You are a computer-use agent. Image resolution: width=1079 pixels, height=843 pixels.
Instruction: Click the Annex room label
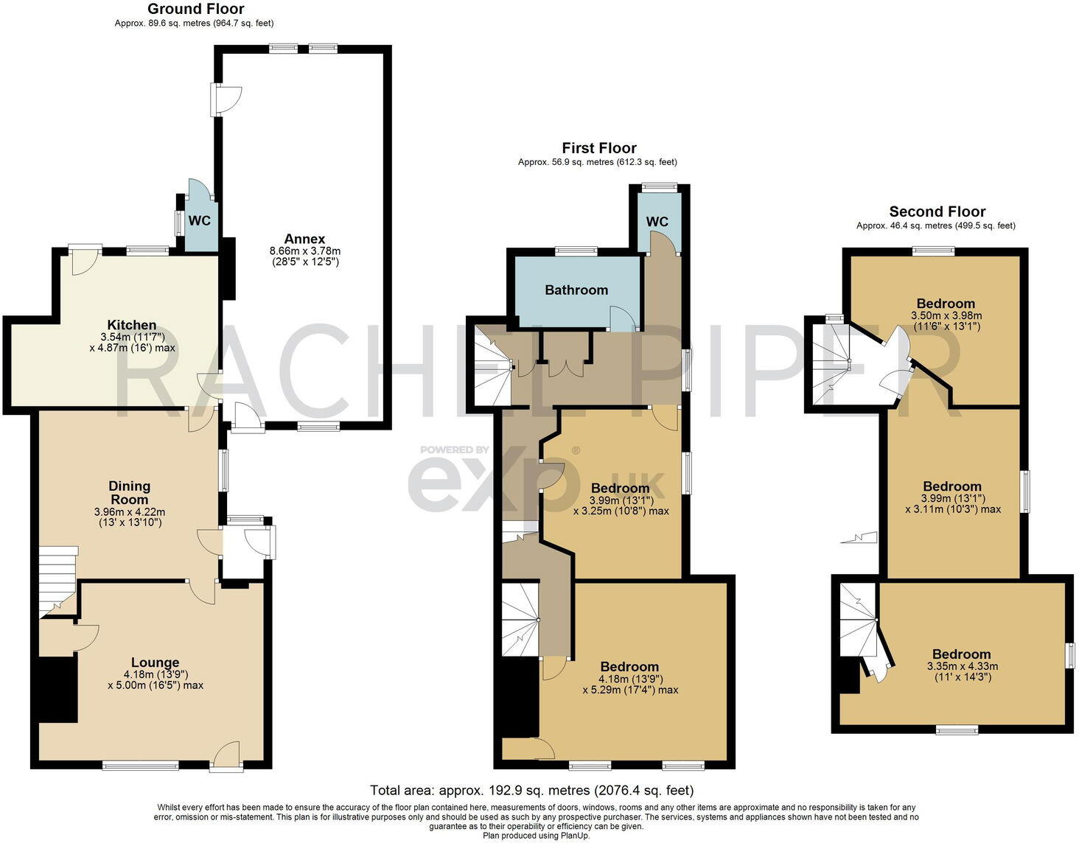click(x=304, y=239)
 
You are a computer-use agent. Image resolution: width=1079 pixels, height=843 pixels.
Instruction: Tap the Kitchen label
click(x=132, y=325)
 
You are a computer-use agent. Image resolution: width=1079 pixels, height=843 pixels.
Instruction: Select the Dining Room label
click(x=129, y=492)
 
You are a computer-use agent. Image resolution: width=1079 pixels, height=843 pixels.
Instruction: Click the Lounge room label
click(x=155, y=662)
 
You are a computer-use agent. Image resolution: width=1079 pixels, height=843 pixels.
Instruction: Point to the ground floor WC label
click(x=200, y=220)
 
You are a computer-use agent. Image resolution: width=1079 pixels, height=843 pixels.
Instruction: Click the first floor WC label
click(x=657, y=221)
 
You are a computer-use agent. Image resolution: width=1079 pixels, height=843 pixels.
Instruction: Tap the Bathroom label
click(x=576, y=290)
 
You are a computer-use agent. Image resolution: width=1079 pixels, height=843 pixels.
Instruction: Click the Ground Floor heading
click(x=195, y=9)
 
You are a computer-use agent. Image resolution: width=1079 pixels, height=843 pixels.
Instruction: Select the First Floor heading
click(x=599, y=148)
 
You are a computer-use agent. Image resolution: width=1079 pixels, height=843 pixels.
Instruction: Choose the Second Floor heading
click(x=937, y=211)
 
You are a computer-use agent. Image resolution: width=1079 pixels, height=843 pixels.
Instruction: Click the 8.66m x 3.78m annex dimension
click(x=305, y=251)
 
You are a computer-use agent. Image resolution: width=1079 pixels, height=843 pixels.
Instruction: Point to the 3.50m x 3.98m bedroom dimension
click(x=946, y=315)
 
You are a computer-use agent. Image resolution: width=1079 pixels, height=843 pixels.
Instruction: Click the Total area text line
click(x=532, y=790)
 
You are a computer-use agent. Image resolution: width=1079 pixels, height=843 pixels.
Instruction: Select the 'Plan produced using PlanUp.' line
click(x=537, y=836)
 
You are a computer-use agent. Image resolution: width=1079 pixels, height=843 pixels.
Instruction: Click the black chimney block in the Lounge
click(x=58, y=689)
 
